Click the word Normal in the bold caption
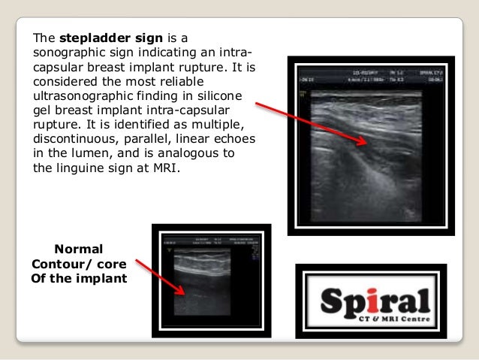click(x=79, y=249)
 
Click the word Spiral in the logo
click(x=375, y=303)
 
